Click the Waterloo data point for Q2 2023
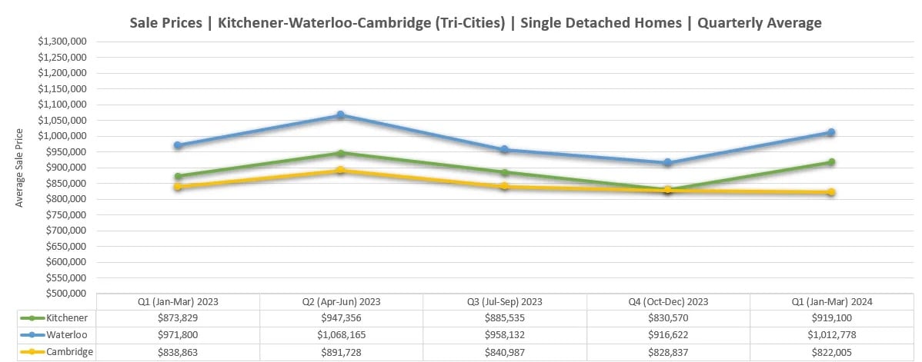(341, 115)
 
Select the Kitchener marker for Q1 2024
(831, 162)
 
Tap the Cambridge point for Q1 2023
(178, 187)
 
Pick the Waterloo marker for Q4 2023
(668, 163)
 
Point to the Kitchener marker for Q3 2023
(505, 173)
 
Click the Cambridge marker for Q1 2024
(831, 192)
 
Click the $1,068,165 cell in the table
(341, 334)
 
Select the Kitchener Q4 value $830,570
(668, 317)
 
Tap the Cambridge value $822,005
(831, 351)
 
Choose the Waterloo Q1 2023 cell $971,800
(178, 334)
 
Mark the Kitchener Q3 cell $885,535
(505, 317)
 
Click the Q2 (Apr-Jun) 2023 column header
(341, 301)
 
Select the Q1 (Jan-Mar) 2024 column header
(831, 301)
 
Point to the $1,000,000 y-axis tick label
(64, 136)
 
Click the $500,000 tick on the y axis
(68, 293)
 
